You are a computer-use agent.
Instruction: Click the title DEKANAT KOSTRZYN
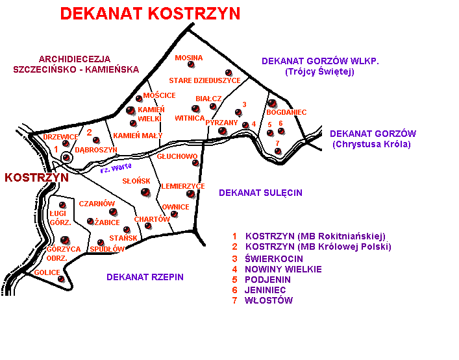coord(150,14)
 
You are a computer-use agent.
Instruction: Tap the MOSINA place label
coord(189,58)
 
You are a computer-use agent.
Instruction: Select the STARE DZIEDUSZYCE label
coord(205,80)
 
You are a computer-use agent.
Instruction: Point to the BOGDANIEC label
coord(286,112)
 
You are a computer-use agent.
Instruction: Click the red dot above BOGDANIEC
coord(272,102)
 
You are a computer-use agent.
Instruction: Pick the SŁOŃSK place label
coord(136,181)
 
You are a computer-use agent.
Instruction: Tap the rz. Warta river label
coord(116,169)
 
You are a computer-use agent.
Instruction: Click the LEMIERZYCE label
coord(183,186)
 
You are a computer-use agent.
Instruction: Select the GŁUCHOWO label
coord(177,156)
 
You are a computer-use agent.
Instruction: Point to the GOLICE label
coord(47,272)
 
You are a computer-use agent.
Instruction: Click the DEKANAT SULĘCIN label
coord(260,193)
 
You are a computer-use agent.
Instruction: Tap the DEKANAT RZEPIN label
coord(145,277)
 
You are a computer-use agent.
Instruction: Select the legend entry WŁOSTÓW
coord(268,300)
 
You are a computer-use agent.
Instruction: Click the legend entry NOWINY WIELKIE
coord(283,269)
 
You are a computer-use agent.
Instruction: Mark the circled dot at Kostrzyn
coord(67,157)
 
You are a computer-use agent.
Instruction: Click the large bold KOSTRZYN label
coord(36,177)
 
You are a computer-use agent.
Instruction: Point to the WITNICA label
coord(190,118)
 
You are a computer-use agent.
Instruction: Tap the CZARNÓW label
coord(97,204)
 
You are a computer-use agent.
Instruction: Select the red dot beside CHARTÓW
coord(148,226)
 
